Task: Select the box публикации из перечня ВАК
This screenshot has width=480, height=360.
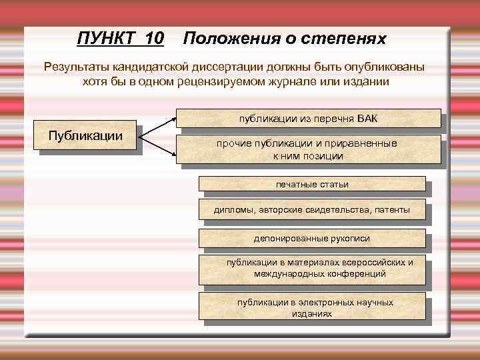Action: point(308,119)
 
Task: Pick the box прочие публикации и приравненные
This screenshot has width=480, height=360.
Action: point(308,150)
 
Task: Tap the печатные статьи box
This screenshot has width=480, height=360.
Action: point(312,184)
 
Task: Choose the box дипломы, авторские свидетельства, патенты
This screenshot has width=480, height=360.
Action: point(312,211)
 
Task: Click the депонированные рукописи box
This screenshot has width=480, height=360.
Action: point(312,238)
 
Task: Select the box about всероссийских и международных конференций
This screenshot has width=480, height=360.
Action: point(312,268)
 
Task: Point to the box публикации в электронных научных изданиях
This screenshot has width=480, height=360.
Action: point(312,307)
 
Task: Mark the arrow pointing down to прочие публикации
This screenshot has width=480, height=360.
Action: point(160,145)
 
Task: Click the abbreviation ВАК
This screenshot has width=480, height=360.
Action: point(367,119)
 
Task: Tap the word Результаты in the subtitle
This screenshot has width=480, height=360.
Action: point(77,67)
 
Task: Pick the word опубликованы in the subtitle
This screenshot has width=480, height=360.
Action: point(389,67)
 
